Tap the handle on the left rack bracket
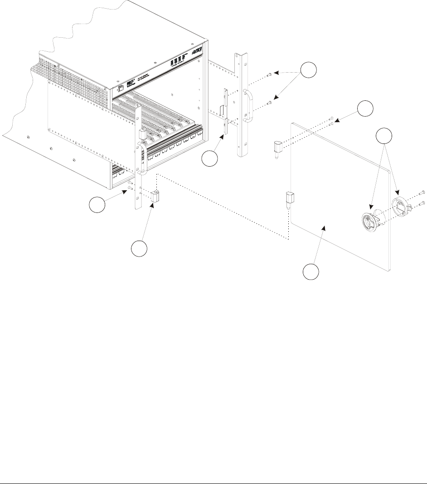(141, 159)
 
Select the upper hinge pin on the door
(278, 148)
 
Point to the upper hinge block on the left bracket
(141, 134)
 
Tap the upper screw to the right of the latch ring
(422, 193)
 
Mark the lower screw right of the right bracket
(270, 104)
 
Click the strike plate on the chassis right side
(224, 116)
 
